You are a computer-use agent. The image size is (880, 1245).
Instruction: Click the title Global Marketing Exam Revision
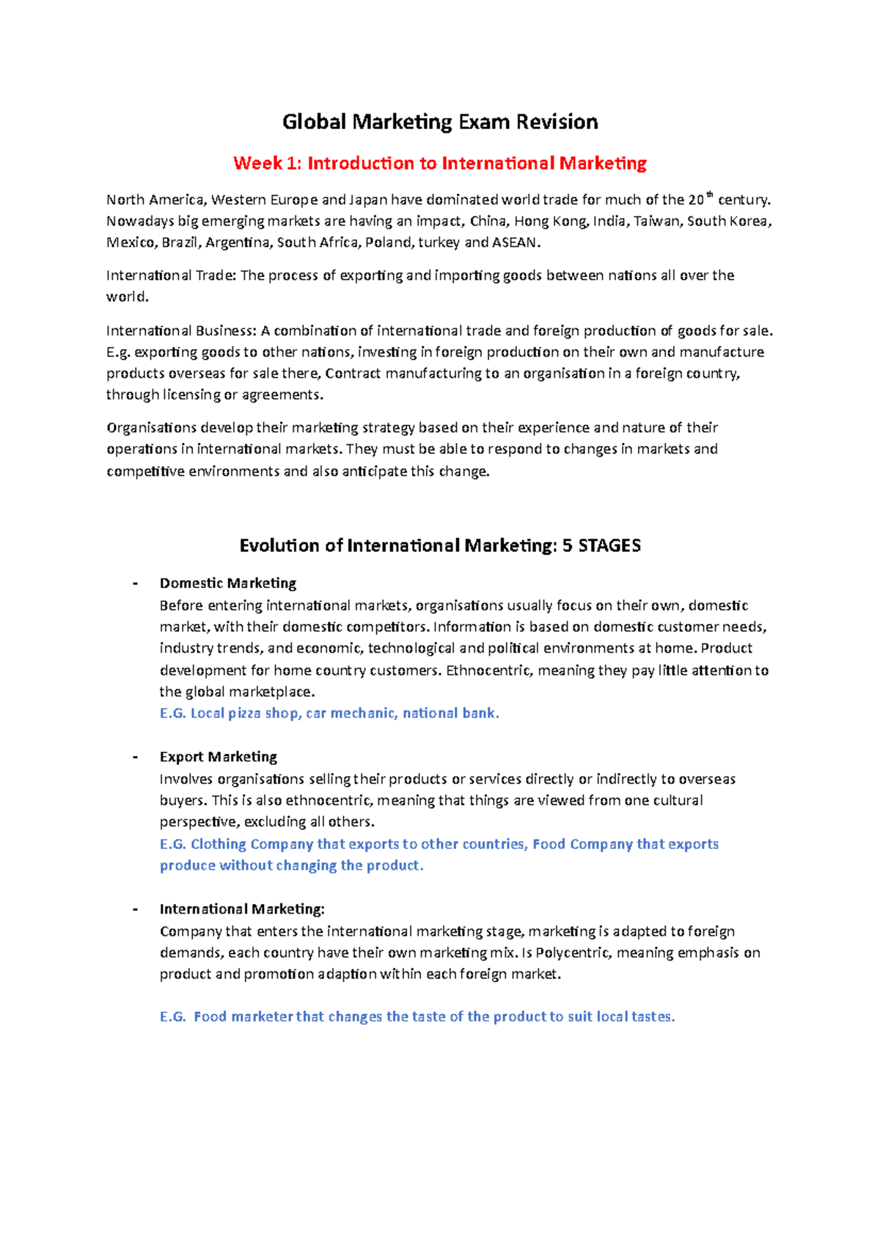point(440,122)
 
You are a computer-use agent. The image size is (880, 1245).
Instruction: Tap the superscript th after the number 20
point(709,195)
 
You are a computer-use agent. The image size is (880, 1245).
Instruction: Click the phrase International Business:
point(181,331)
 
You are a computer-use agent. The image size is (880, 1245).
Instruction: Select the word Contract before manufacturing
point(353,374)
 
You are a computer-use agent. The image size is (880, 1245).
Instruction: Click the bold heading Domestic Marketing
point(228,584)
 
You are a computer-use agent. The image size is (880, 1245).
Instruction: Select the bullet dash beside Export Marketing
point(135,757)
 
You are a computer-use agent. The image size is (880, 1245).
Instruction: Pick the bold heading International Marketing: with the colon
point(242,909)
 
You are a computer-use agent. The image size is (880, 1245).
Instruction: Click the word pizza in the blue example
point(244,713)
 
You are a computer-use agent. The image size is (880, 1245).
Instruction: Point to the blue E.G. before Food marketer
point(173,1017)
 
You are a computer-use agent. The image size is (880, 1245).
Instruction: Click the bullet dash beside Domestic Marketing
point(135,584)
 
